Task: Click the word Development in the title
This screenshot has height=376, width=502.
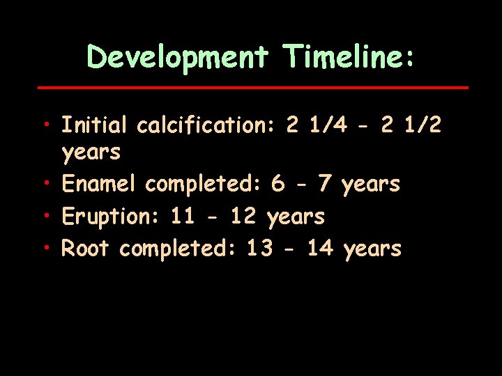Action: pyautogui.click(x=178, y=57)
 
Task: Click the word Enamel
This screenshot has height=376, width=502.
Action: pyautogui.click(x=100, y=184)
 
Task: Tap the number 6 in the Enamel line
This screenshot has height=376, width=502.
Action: pyautogui.click(x=278, y=184)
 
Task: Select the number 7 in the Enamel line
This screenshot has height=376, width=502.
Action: pyautogui.click(x=324, y=184)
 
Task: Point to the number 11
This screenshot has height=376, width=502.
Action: pyautogui.click(x=183, y=217)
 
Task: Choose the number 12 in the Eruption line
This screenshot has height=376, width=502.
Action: pyautogui.click(x=243, y=217)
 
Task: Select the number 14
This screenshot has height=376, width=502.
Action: pyautogui.click(x=320, y=249)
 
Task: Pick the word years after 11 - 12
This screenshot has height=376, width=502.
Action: pyautogui.click(x=296, y=217)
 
